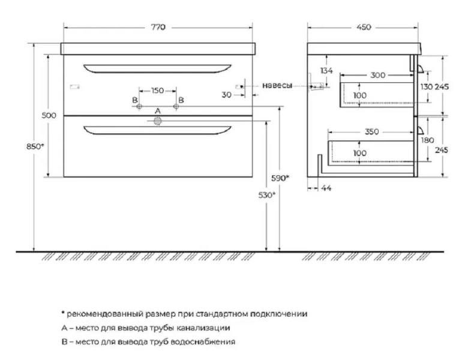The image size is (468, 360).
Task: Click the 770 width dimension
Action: point(158,27)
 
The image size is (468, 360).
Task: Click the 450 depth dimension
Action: point(364,27)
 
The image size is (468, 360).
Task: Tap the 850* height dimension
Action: point(35,146)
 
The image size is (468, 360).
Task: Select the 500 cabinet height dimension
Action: point(49,115)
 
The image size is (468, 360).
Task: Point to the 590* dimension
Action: point(280,178)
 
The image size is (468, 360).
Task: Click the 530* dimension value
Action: point(267,195)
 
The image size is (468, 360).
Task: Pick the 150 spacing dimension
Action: point(158,91)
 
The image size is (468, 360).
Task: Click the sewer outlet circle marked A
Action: point(158,121)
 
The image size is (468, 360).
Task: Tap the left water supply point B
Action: point(139,107)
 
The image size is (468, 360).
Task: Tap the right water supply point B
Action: point(176,107)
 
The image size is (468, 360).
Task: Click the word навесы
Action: point(277,85)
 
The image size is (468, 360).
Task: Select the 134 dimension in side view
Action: point(326,71)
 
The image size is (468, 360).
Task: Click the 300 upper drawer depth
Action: point(378,75)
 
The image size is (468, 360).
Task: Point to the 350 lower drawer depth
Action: point(371,131)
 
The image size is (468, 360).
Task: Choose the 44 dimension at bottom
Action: point(326,188)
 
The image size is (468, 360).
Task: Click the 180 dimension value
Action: point(427,140)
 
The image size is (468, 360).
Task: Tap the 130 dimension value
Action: point(427,87)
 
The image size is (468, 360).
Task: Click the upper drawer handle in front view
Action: point(158,69)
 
